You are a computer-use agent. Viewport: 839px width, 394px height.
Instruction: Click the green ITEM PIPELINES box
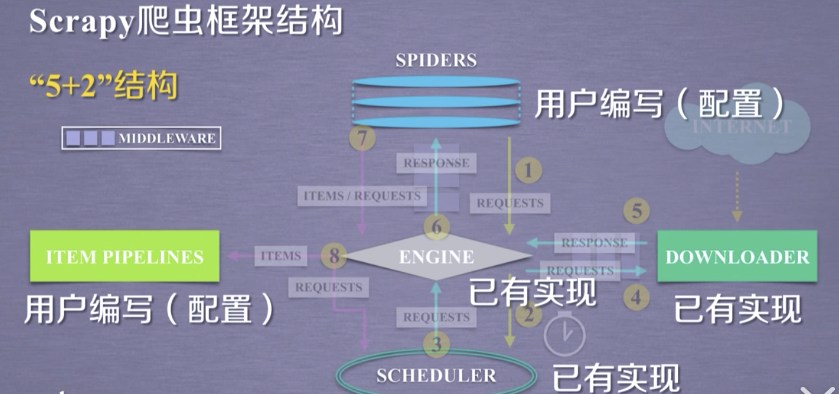(124, 256)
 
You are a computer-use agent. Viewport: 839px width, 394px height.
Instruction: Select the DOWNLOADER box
(737, 256)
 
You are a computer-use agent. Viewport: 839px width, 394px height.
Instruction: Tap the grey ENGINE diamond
(437, 256)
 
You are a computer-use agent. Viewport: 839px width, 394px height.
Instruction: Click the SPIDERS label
(436, 60)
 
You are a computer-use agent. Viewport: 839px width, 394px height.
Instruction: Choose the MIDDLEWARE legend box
(142, 138)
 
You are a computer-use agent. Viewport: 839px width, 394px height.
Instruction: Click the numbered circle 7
(362, 138)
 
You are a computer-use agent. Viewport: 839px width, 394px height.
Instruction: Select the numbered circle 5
(636, 211)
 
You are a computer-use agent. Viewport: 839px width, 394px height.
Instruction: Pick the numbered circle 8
(334, 256)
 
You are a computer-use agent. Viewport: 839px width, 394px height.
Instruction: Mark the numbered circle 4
(636, 297)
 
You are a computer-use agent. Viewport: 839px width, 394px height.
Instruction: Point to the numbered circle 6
(437, 227)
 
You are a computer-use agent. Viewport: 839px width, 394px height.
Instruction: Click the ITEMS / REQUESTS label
(362, 196)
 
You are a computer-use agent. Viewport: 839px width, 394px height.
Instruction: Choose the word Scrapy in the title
(79, 23)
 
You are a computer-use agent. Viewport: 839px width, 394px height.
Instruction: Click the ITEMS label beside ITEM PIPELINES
(281, 256)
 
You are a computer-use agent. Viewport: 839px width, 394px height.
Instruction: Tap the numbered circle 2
(528, 314)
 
